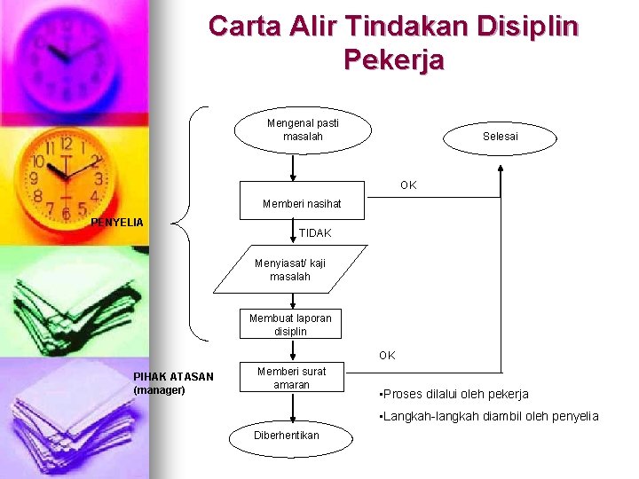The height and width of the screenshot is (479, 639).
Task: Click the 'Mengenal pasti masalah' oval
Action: [x=303, y=130]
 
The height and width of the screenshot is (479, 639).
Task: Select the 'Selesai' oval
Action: [x=501, y=137]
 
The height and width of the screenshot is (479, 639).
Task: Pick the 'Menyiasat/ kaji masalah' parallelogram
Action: [x=290, y=270]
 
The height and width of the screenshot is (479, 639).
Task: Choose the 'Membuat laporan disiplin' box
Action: [x=290, y=325]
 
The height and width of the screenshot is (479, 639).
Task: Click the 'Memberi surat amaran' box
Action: [x=290, y=378]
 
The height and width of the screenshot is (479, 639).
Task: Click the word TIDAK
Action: [x=315, y=233]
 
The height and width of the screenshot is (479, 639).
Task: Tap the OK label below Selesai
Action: [x=408, y=185]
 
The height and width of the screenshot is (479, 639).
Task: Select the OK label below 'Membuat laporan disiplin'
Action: [x=387, y=356]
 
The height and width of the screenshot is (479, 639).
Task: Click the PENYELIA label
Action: [x=118, y=221]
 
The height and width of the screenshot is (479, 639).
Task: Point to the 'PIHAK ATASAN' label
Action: [x=173, y=377]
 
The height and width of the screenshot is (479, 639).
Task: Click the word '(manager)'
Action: [x=159, y=390]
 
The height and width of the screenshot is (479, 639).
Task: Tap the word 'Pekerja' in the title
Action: [x=392, y=60]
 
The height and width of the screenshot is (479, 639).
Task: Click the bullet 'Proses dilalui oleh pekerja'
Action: [x=454, y=394]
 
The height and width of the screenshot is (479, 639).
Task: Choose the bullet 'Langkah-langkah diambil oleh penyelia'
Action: [x=488, y=416]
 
